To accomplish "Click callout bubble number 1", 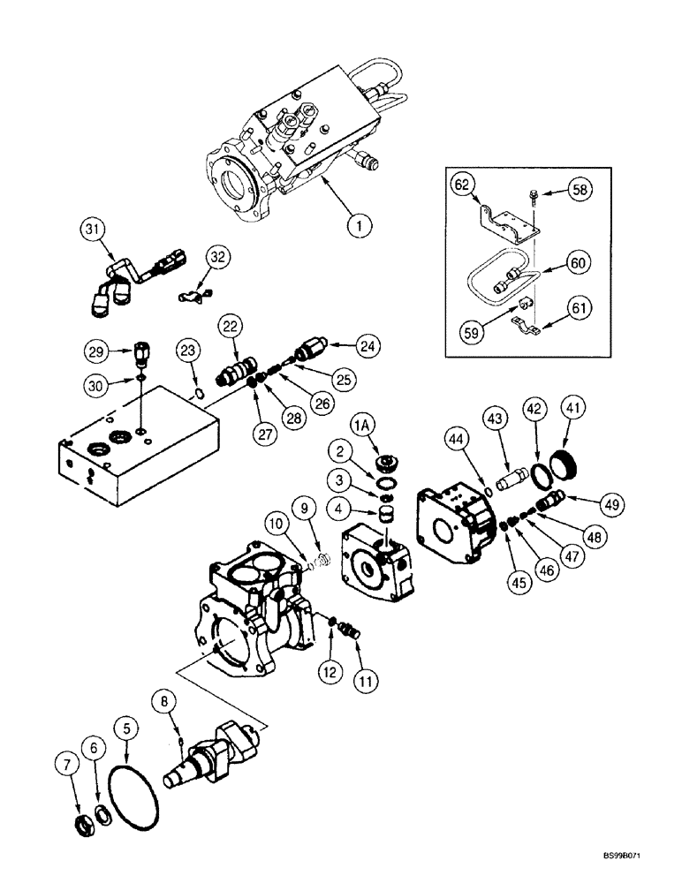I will pos(357,227).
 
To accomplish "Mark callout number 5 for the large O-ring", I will pos(128,728).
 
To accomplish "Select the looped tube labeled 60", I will pos(494,278).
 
